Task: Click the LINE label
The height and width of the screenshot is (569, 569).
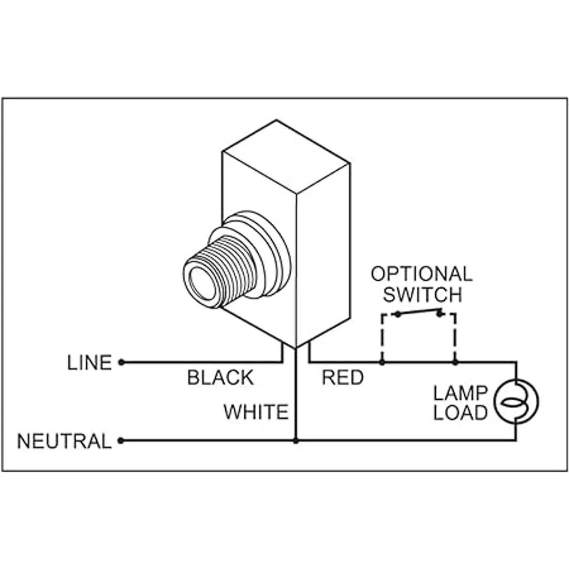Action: pos(90,363)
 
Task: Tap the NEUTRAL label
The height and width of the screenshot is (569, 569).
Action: pos(64,441)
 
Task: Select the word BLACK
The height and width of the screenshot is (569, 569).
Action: pos(220,378)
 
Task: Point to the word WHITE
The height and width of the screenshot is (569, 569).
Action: pos(256,412)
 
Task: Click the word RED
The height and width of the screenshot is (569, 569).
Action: pos(343,378)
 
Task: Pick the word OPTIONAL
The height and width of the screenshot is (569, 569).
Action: pos(422,274)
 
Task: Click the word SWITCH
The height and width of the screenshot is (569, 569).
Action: pos(422,295)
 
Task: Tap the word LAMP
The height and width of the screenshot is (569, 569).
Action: pos(460,393)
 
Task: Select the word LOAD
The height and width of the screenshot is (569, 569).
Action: pos(460,413)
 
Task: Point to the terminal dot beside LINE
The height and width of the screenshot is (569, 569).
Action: pos(121,363)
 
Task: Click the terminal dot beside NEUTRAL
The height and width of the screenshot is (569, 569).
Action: pos(121,441)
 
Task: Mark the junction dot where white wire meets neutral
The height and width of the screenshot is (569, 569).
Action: pos(296,441)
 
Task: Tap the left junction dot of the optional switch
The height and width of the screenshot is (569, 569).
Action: pos(382,363)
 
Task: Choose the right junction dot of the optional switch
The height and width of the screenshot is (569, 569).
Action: pos(455,363)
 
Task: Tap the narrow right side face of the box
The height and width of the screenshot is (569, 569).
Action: pos(323,256)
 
